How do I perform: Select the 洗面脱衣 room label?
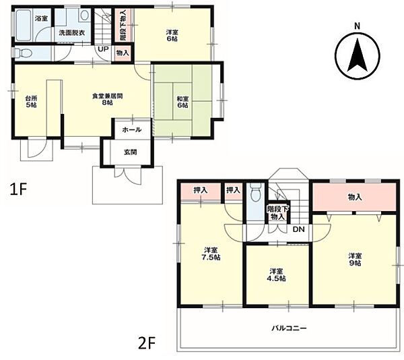(72, 33)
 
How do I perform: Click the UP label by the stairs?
(103, 49)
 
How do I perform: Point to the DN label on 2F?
(298, 229)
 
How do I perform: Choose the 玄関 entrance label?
(131, 152)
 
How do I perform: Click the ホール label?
(132, 129)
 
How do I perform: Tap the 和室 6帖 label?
(182, 102)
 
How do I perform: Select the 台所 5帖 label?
(31, 101)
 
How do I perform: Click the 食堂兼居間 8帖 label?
(108, 99)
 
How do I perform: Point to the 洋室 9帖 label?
(356, 260)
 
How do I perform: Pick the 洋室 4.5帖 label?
(276, 275)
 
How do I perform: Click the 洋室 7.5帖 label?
(211, 253)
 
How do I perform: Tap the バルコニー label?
(289, 328)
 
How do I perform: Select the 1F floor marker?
(18, 189)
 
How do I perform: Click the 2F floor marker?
(147, 342)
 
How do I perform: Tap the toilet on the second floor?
(255, 193)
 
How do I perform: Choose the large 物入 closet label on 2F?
(355, 198)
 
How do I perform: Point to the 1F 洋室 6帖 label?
(172, 36)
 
